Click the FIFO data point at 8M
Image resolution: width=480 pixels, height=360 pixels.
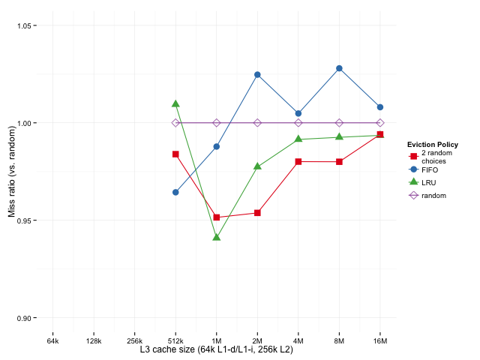click(x=339, y=68)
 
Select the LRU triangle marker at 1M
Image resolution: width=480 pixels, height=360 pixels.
click(x=217, y=237)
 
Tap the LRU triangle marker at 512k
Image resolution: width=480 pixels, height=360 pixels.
click(x=175, y=103)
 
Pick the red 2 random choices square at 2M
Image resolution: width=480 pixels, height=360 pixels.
click(x=257, y=213)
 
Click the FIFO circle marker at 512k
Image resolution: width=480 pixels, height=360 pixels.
click(x=175, y=192)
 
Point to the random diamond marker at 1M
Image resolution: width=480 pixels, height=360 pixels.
click(x=217, y=123)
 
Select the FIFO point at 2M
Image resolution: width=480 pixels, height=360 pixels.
click(x=257, y=75)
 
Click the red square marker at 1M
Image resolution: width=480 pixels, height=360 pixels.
click(x=217, y=217)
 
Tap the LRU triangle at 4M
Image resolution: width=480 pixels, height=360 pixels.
click(x=298, y=139)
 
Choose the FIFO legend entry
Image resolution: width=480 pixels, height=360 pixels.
click(x=430, y=169)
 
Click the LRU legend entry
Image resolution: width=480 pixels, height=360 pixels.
click(x=429, y=182)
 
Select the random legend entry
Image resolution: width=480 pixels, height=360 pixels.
click(x=433, y=195)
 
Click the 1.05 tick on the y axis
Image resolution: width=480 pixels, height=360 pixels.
click(x=25, y=25)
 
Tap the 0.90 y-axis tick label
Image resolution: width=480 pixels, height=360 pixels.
click(x=25, y=318)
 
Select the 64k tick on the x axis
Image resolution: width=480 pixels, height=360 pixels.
click(x=52, y=341)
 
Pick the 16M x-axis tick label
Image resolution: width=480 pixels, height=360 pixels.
click(x=380, y=341)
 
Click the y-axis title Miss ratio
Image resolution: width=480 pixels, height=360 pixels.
click(x=11, y=172)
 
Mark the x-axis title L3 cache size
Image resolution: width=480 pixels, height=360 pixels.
click(x=216, y=350)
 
